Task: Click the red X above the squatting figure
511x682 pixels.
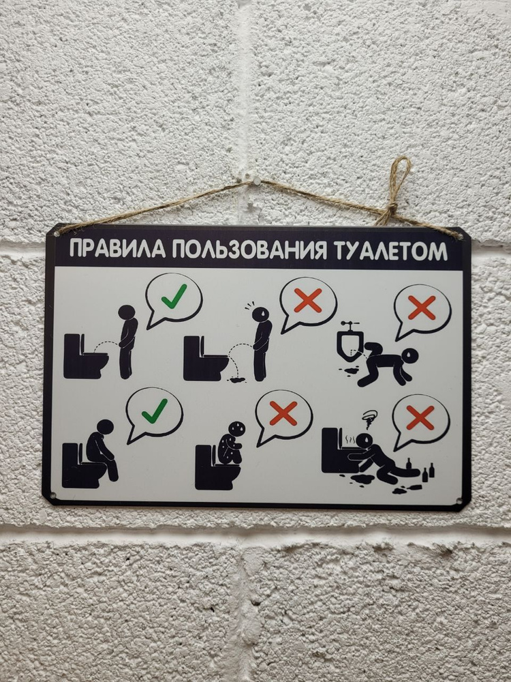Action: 283,413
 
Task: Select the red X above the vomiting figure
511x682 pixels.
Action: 420,417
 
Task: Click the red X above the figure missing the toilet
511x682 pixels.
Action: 308,300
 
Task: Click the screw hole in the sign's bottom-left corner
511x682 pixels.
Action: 52,494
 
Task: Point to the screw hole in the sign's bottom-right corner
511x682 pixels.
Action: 459,503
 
